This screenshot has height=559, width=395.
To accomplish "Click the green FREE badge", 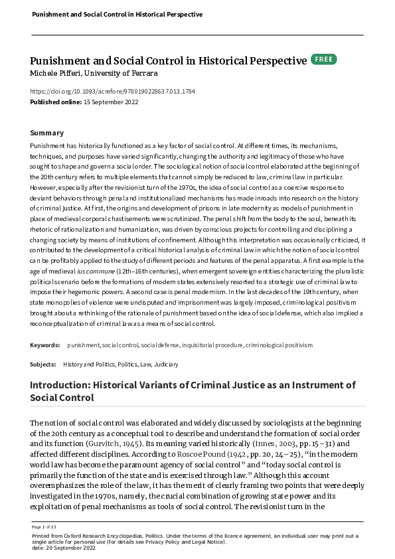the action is pos(323,60).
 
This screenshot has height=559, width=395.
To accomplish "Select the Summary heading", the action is pos(47,133).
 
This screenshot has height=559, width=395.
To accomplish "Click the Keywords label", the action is pos(45,345).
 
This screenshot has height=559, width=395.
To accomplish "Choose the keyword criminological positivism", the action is pos(279,345).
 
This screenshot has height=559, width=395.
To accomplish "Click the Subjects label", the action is pos(43,364).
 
